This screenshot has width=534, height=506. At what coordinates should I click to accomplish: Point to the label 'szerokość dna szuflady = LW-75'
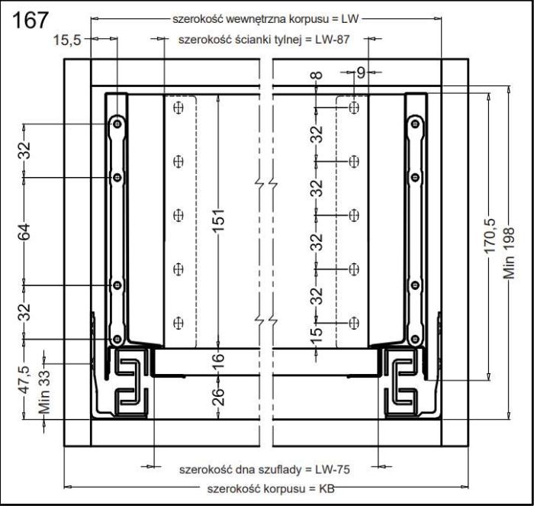(264, 469)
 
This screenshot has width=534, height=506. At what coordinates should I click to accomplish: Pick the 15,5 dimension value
(67, 39)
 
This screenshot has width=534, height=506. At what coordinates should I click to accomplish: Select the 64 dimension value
(24, 230)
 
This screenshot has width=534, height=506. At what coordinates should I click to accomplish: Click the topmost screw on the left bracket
(117, 122)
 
